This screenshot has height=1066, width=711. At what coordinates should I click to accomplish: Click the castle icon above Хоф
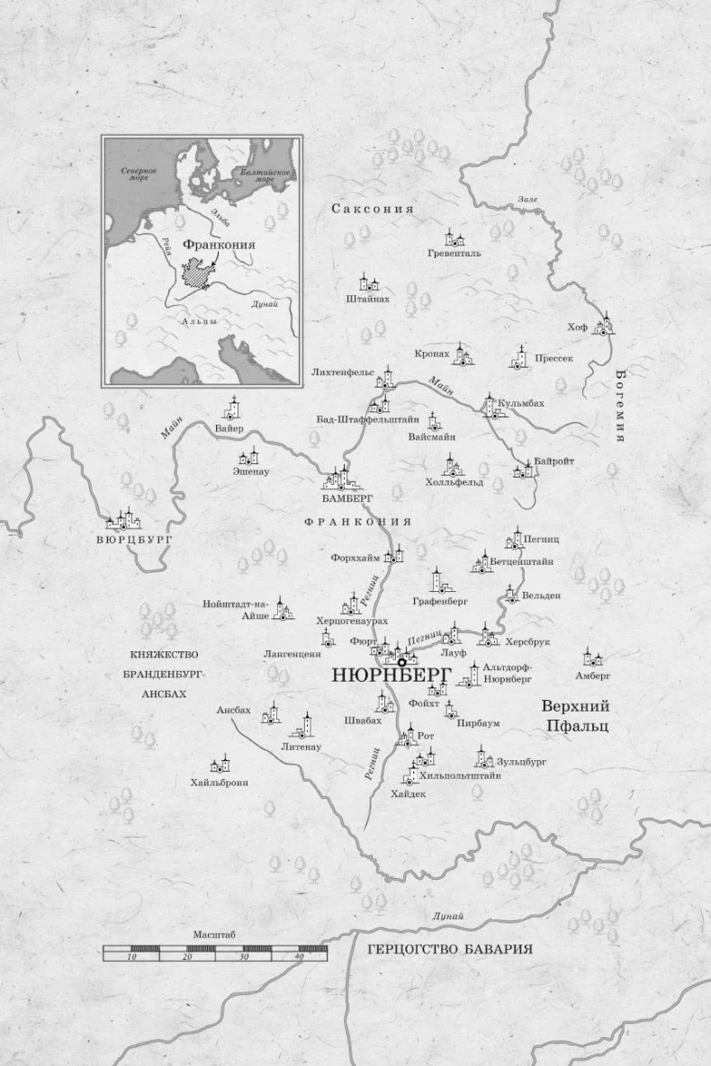click(x=605, y=324)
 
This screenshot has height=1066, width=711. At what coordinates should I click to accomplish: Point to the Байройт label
click(x=553, y=461)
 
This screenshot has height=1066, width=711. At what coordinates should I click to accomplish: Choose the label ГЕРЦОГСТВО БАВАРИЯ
click(x=450, y=949)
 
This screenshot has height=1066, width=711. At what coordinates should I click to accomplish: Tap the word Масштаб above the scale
click(x=214, y=935)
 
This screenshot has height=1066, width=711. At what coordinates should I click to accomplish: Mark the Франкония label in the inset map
click(x=218, y=244)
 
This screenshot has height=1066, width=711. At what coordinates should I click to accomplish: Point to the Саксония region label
click(x=372, y=209)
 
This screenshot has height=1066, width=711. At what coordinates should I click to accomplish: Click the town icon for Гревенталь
click(x=454, y=237)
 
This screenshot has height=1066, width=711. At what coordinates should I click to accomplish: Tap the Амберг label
click(x=593, y=675)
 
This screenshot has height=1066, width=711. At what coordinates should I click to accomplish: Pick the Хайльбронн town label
click(x=219, y=782)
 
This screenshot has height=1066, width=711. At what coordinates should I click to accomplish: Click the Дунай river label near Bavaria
click(x=447, y=916)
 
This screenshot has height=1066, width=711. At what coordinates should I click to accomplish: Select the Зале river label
click(x=526, y=199)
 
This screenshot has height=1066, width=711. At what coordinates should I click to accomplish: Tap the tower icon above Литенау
click(x=306, y=726)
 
